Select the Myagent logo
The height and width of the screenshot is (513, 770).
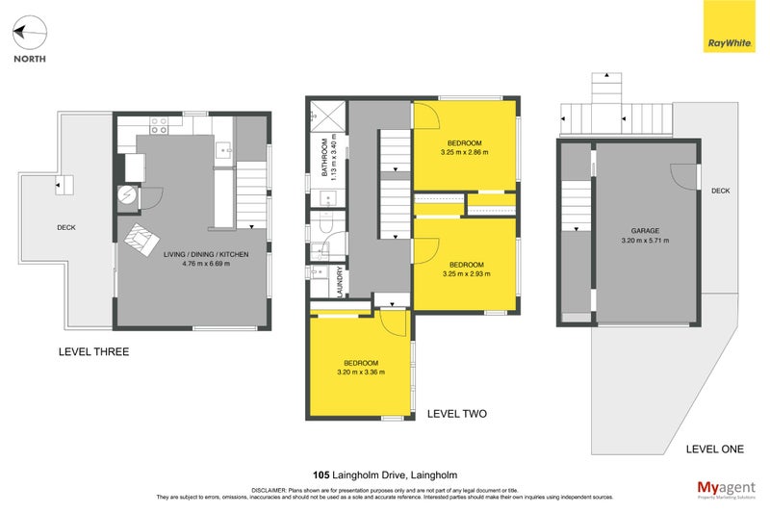(x=727, y=487)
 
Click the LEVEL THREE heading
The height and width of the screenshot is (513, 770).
(x=93, y=352)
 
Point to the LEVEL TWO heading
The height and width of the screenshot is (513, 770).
(x=456, y=414)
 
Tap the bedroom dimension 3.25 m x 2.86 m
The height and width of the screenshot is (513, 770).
(x=465, y=152)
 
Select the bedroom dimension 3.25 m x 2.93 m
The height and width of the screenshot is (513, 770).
(x=465, y=273)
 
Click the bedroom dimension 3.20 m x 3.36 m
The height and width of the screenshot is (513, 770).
(x=360, y=372)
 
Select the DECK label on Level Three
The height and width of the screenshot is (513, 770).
(x=66, y=228)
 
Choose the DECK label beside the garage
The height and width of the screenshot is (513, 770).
(x=720, y=191)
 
